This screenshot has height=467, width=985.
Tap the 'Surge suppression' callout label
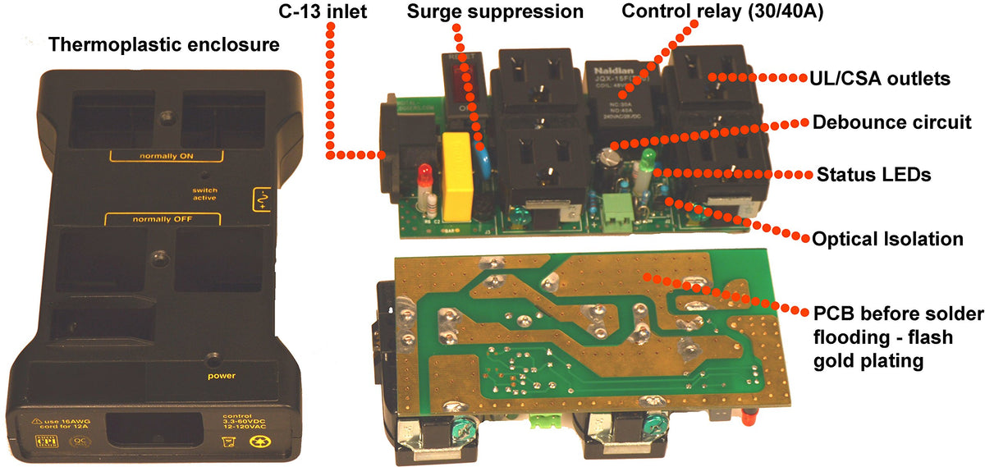(494, 12)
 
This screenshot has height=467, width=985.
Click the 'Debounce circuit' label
(891, 123)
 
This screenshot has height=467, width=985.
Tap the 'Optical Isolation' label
(886, 239)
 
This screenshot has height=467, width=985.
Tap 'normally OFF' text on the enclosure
(162, 219)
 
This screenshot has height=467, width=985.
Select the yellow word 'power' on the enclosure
(221, 376)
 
